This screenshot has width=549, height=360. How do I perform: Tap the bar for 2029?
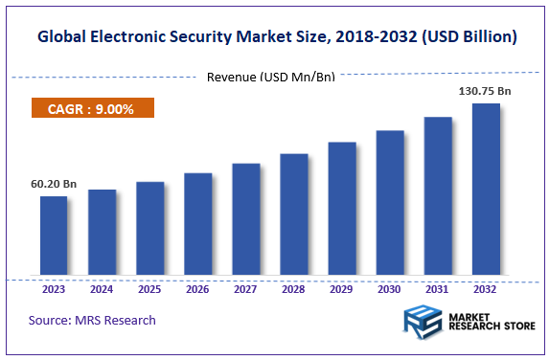[342, 210]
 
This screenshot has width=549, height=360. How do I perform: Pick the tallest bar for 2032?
[486, 191]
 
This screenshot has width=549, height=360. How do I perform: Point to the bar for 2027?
[246, 220]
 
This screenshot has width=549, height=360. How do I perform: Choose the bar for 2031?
[438, 197]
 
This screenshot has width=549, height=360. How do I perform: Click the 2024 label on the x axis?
[102, 287]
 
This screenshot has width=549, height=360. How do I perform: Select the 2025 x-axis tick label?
[149, 287]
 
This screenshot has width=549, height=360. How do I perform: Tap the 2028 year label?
[294, 287]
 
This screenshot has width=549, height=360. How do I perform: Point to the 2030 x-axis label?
[390, 287]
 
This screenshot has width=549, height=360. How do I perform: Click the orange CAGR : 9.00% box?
[93, 108]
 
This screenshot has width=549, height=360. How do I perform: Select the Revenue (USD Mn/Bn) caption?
[271, 77]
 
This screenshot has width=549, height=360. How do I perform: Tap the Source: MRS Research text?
[92, 320]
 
